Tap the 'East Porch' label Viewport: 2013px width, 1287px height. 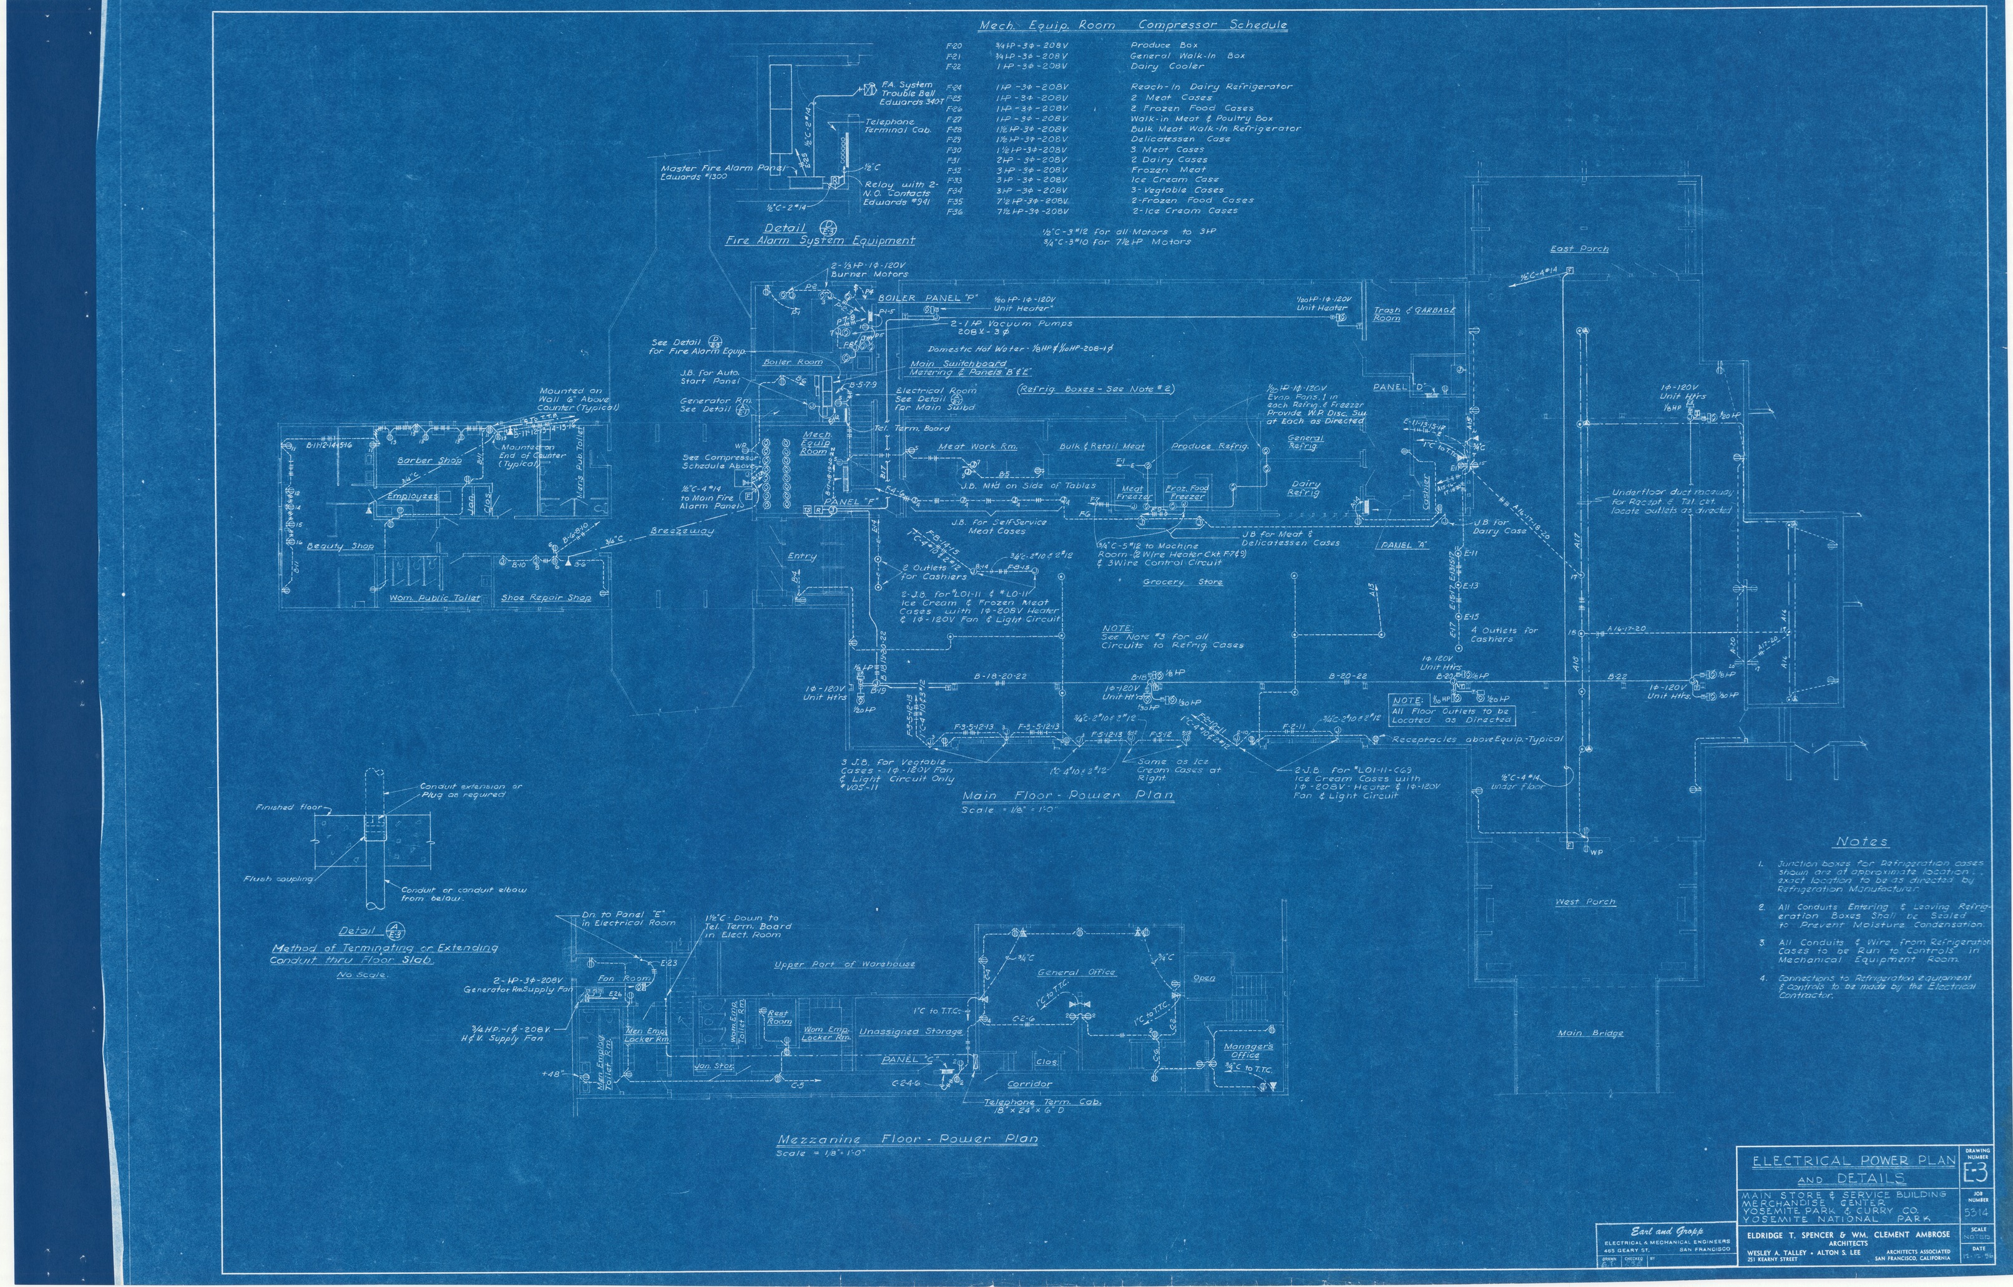pos(1579,249)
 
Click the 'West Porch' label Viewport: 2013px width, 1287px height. pos(1585,902)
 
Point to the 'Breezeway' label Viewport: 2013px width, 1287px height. pos(682,531)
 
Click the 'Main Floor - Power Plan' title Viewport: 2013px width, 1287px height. pos(1067,796)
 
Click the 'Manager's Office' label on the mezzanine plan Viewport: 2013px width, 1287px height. pos(1247,1050)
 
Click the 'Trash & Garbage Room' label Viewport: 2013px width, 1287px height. pos(1414,313)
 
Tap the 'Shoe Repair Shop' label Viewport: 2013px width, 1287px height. pos(546,598)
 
